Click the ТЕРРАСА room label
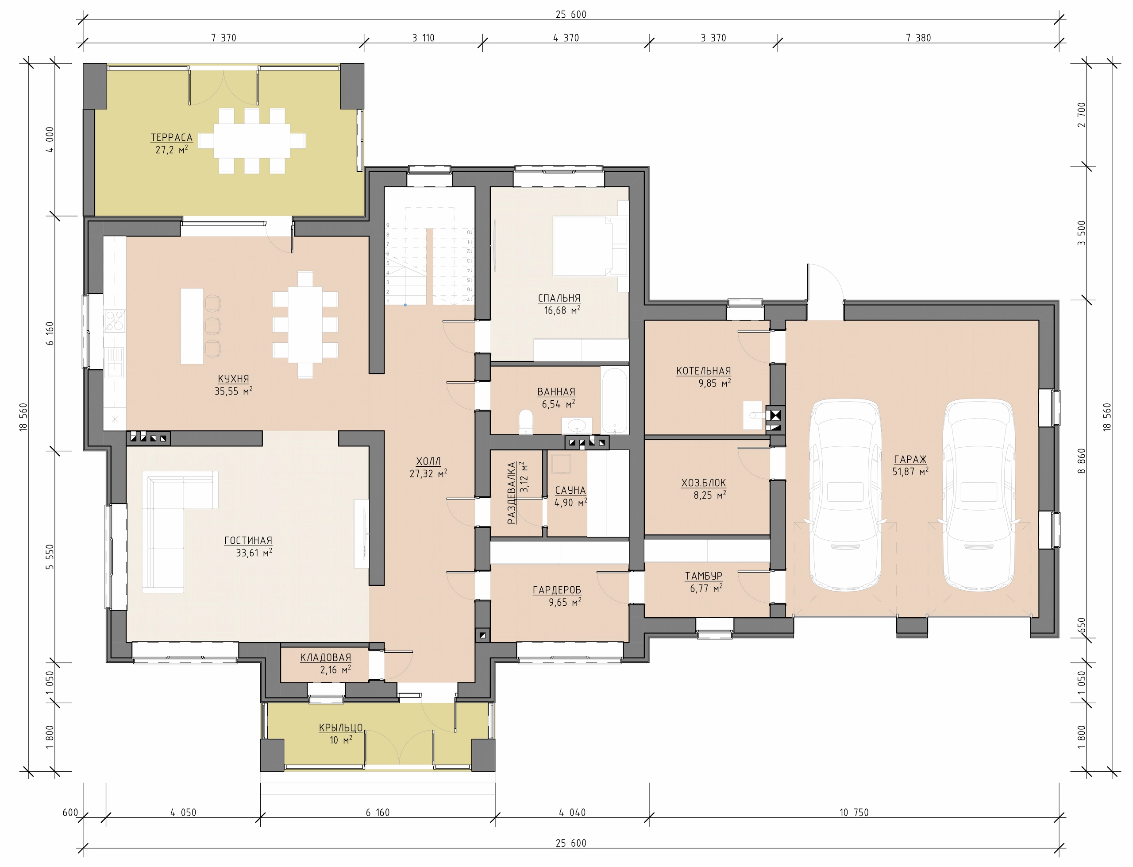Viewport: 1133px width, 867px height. tap(171, 138)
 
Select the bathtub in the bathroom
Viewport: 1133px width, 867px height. tap(614, 400)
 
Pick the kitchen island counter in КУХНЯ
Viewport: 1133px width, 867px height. tap(192, 326)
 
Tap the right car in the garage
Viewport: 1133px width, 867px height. tap(978, 495)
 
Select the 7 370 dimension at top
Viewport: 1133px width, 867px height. tap(224, 38)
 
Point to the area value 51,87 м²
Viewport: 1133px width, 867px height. tap(910, 471)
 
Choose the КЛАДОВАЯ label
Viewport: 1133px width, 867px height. tap(325, 658)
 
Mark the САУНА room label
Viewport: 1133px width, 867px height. tap(570, 491)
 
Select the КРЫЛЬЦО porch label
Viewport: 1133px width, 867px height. tap(341, 728)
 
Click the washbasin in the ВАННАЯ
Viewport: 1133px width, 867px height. tap(577, 425)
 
